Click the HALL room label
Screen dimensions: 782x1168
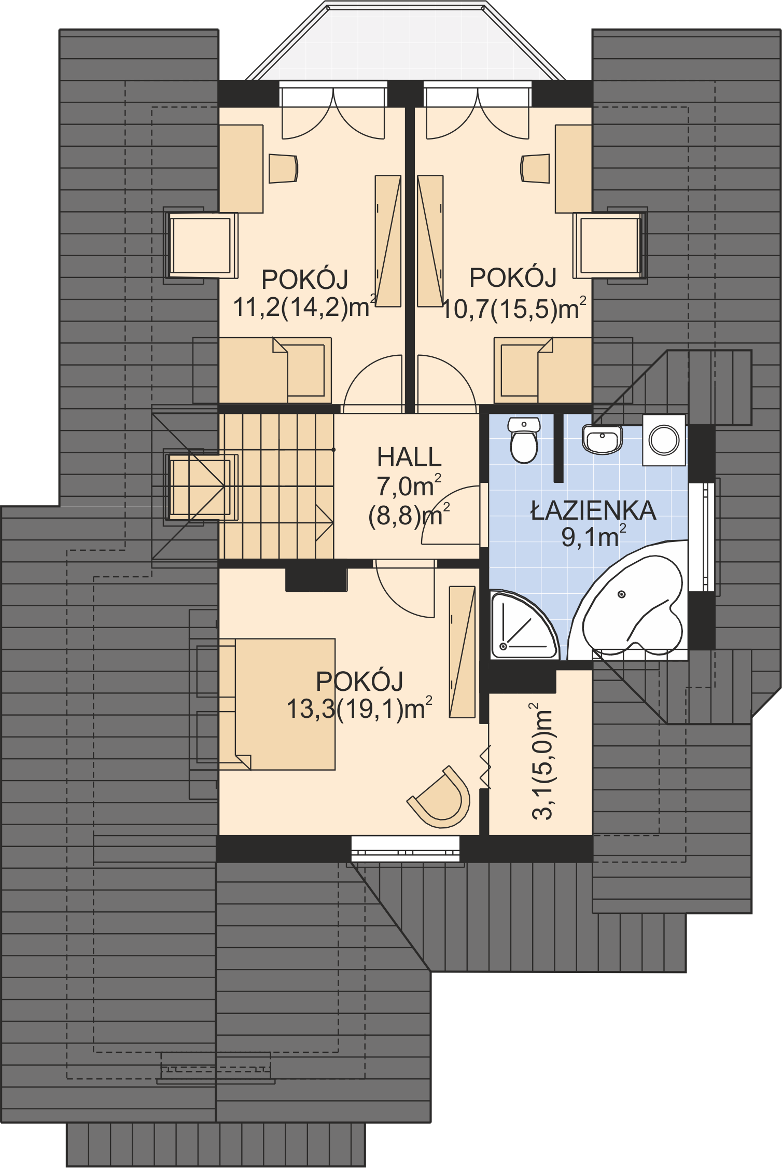(x=409, y=457)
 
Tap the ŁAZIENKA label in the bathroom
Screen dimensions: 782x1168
(x=593, y=510)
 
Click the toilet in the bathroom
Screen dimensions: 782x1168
(x=524, y=440)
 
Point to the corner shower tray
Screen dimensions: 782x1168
(x=524, y=625)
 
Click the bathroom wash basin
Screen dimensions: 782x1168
(x=602, y=439)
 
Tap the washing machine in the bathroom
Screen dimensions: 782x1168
(x=664, y=440)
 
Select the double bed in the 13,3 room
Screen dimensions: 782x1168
(x=277, y=704)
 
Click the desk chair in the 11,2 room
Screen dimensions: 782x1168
(x=283, y=168)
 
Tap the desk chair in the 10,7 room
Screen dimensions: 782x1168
(x=535, y=168)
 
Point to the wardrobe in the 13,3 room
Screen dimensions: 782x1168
(x=462, y=652)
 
